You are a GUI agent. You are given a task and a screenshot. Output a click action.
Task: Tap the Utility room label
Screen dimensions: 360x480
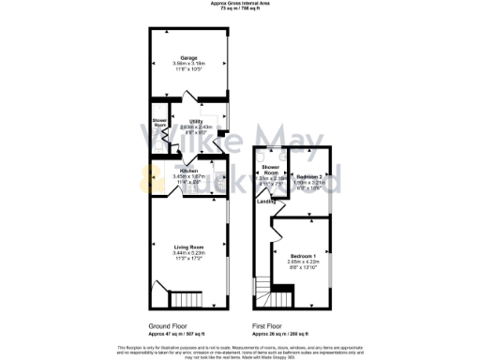196,121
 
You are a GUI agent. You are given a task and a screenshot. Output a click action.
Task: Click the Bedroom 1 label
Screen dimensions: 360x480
302,256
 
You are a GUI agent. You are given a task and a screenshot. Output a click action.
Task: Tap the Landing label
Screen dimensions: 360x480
266,201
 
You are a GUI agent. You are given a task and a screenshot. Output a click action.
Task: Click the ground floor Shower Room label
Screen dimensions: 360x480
159,122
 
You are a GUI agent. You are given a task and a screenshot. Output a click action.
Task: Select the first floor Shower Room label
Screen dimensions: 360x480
271,171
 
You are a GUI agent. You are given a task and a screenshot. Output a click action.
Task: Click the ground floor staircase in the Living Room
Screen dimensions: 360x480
185,300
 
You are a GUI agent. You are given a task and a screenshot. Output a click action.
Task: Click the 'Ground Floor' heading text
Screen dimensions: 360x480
168,326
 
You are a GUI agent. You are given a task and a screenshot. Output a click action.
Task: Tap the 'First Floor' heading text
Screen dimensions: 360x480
271,326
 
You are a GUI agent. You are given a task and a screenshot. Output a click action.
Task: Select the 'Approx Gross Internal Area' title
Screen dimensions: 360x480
240,4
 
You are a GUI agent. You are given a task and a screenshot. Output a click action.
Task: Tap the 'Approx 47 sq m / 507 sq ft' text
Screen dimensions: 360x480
174,333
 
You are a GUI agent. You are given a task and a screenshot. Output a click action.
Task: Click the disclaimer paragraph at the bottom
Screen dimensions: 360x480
240,351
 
